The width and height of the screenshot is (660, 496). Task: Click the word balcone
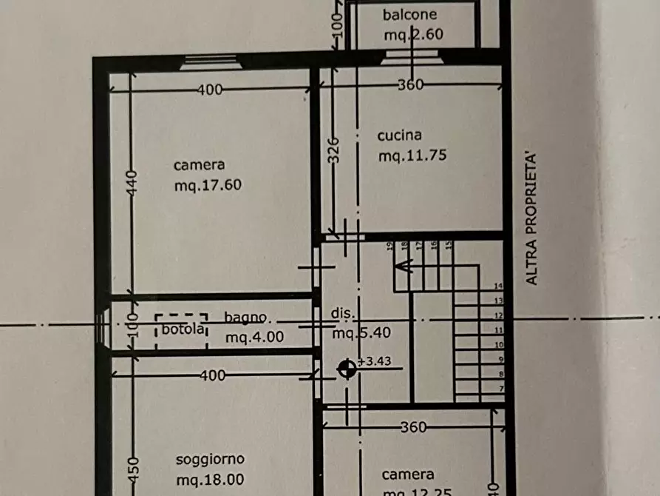pyautogui.click(x=409, y=15)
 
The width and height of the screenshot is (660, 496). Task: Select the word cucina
pyautogui.click(x=399, y=135)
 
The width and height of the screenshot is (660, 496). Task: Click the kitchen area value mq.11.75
pyautogui.click(x=413, y=156)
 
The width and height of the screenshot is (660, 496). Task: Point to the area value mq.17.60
pyautogui.click(x=208, y=186)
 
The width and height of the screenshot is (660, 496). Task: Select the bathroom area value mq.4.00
pyautogui.click(x=255, y=338)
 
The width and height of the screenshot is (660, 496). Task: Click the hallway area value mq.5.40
pyautogui.click(x=361, y=334)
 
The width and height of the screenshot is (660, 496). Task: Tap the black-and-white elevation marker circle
pyautogui.click(x=347, y=368)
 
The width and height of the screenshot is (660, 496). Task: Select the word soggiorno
pyautogui.click(x=210, y=459)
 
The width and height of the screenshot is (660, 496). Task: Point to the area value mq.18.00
pyautogui.click(x=210, y=480)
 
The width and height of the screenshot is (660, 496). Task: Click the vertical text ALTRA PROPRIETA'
pyautogui.click(x=531, y=219)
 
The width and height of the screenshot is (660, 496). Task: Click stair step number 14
pyautogui.click(x=498, y=285)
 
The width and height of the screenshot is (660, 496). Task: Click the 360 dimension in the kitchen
pyautogui.click(x=410, y=84)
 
